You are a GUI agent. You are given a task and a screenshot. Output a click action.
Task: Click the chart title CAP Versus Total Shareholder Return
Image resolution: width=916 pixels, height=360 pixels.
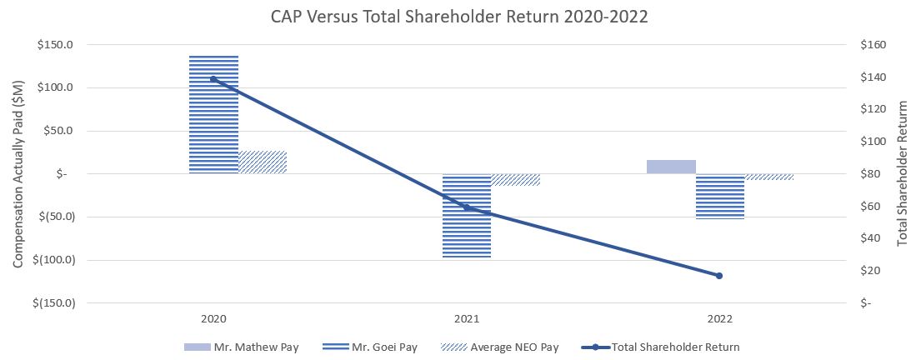point(458,17)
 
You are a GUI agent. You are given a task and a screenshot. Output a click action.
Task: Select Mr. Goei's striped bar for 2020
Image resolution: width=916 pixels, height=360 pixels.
point(213,114)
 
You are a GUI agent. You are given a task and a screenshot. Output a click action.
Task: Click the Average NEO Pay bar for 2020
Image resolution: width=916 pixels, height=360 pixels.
point(263,162)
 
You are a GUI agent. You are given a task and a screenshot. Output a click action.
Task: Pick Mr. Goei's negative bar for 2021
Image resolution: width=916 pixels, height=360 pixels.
point(466,216)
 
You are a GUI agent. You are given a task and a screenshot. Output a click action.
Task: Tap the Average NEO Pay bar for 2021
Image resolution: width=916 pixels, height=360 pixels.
point(515,179)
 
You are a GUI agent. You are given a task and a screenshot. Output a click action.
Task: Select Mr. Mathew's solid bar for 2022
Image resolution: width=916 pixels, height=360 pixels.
point(671,167)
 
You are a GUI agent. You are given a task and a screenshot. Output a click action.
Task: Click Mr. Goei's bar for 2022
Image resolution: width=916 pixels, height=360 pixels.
point(719,196)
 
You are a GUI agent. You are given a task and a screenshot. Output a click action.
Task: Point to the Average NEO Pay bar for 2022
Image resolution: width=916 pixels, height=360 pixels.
point(768,177)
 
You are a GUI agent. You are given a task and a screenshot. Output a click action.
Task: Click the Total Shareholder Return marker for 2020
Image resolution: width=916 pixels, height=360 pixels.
point(213,79)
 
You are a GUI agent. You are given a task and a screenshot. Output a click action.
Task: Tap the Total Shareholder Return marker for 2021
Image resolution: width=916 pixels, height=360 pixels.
point(466,207)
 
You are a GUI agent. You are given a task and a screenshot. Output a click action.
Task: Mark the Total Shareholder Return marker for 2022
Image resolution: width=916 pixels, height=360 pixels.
point(719,276)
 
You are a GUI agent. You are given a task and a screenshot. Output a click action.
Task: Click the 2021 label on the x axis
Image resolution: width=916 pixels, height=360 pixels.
point(466,319)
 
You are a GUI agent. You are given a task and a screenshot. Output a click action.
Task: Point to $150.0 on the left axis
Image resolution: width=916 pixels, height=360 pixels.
point(57,45)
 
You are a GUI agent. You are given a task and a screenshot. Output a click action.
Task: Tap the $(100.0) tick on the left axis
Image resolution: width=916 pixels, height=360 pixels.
point(54,259)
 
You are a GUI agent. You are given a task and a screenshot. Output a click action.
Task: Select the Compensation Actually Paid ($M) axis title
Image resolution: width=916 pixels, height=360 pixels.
point(18,174)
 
